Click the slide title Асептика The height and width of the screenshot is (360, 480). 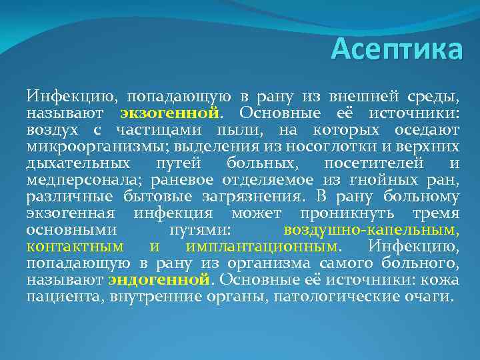tap(396, 49)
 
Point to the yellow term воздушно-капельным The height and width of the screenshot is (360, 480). tap(371, 230)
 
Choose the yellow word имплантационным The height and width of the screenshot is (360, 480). tap(261, 247)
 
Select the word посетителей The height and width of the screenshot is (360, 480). tap(381, 163)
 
